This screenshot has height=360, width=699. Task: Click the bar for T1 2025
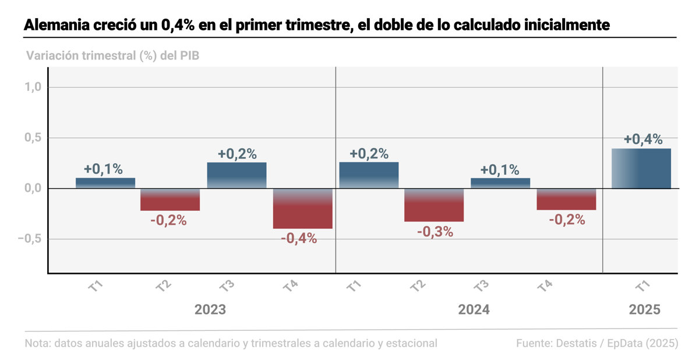[641, 168]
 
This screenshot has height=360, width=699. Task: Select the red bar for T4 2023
[303, 209]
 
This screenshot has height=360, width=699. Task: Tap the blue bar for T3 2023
[236, 175]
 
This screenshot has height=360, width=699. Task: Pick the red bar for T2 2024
[434, 205]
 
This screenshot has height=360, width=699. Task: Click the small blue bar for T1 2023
[105, 183]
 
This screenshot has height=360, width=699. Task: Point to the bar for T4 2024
[566, 199]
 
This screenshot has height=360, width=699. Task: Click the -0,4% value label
[299, 238]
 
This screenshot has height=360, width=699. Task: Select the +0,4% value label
[642, 139]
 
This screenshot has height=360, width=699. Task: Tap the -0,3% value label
[435, 231]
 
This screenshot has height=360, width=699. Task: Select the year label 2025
[644, 309]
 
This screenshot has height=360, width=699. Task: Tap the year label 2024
[474, 309]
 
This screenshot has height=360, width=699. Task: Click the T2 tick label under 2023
[164, 286]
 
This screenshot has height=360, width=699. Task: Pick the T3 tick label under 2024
[481, 286]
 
